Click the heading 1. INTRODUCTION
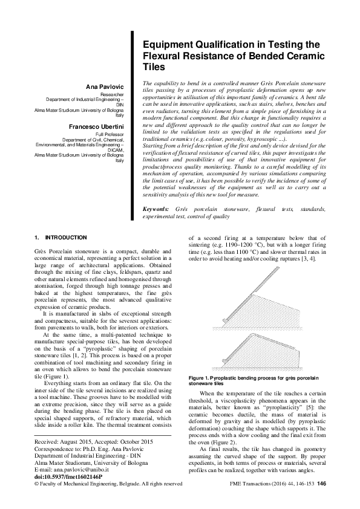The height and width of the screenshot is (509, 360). click(x=61, y=238)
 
